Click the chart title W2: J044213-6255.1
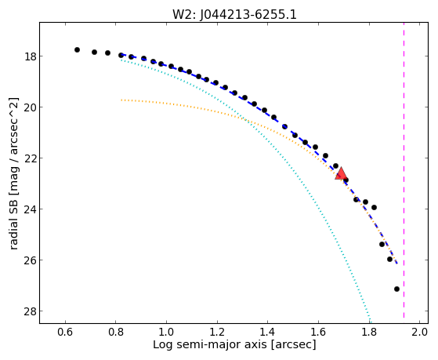click(234, 14)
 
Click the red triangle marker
click(341, 174)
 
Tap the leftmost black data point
click(77, 49)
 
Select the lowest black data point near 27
click(396, 289)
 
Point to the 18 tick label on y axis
click(30, 56)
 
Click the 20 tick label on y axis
click(30, 107)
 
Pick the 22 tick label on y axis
click(30, 158)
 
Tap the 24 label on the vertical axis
click(30, 209)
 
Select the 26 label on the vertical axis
click(30, 260)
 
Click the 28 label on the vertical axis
click(30, 311)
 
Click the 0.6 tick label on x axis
click(65, 332)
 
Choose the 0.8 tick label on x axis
click(116, 332)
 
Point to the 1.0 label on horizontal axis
click(166, 332)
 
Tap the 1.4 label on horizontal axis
click(268, 332)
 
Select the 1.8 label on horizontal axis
click(369, 332)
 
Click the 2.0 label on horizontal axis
click(419, 332)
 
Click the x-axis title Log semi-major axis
click(209, 345)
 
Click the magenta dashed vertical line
click(404, 170)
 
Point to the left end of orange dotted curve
click(121, 100)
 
